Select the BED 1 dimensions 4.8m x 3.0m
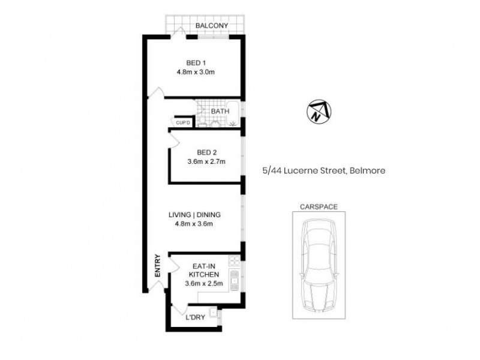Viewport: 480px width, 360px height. (196, 72)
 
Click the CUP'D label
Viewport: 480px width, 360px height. (182, 123)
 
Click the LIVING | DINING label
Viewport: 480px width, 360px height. (195, 215)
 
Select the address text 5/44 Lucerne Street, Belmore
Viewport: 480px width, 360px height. (324, 170)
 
